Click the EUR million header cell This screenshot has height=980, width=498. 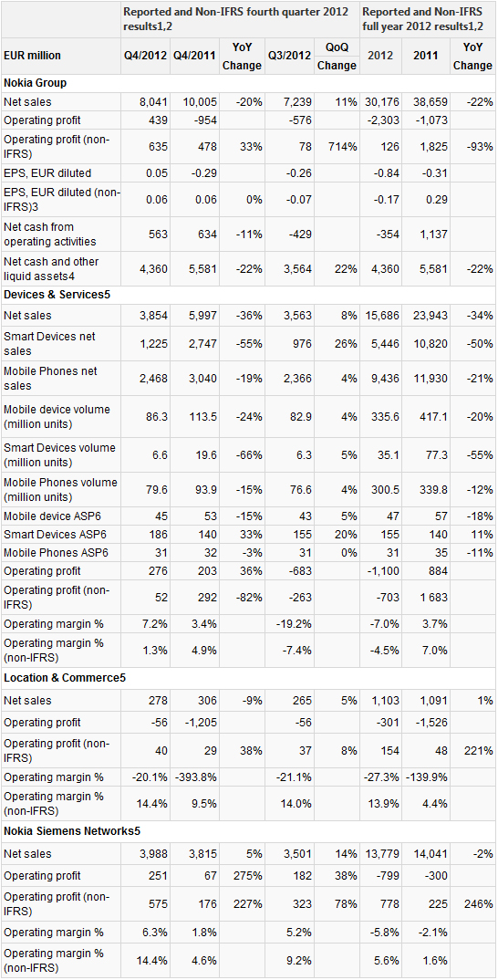point(33,55)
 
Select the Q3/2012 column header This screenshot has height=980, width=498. point(289,55)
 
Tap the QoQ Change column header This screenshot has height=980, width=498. point(337,56)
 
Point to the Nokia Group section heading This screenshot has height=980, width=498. point(35,82)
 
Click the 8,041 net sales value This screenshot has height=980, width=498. point(154,101)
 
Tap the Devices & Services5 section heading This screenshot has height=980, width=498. point(57,295)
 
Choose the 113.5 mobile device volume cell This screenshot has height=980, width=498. point(203,417)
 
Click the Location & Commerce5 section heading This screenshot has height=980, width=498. point(65,678)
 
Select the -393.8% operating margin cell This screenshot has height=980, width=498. point(197,777)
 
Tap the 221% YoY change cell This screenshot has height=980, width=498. point(479,749)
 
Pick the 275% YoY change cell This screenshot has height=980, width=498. point(248,876)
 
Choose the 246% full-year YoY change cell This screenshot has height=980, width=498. point(479,903)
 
